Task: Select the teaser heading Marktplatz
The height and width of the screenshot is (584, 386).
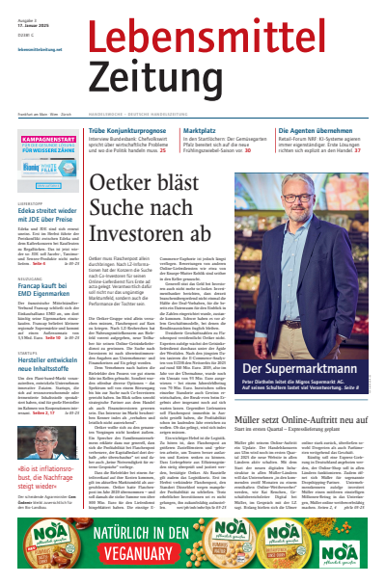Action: (206, 129)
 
